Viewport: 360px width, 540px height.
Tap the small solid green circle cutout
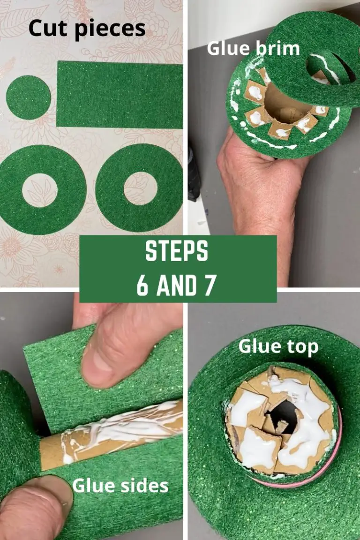pyautogui.click(x=28, y=97)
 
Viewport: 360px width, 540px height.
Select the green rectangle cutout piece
pyautogui.click(x=120, y=95)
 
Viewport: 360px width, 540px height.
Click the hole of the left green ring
pyautogui.click(x=39, y=190)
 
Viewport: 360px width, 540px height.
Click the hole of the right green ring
pyautogui.click(x=141, y=188)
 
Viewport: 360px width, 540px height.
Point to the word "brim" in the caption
pyautogui.click(x=277, y=48)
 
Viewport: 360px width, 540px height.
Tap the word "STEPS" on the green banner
pyautogui.click(x=176, y=253)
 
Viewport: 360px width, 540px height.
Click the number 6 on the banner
pyautogui.click(x=142, y=285)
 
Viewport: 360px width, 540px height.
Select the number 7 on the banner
pyautogui.click(x=209, y=285)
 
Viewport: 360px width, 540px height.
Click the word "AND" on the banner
pyautogui.click(x=176, y=285)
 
